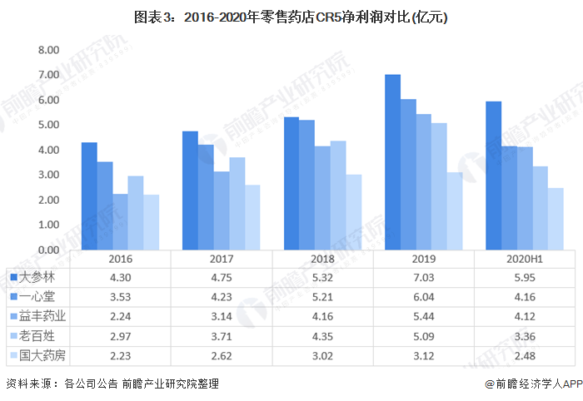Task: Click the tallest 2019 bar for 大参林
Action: pos(392,162)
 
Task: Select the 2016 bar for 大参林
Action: pos(89,196)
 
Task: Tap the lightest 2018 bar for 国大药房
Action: pos(354,212)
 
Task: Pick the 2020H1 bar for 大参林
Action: pos(493,176)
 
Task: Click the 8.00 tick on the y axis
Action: pos(47,50)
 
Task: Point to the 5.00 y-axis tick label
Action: pos(47,125)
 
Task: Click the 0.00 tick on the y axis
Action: pos(47,250)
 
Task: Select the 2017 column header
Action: pos(222,259)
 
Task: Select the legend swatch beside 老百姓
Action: pos(14,337)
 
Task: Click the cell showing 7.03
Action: pos(423,275)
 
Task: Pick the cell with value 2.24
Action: pos(121,316)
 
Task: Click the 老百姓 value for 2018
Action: pos(322,337)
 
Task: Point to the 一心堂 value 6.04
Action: pos(423,295)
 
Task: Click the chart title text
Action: pos(291,16)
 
